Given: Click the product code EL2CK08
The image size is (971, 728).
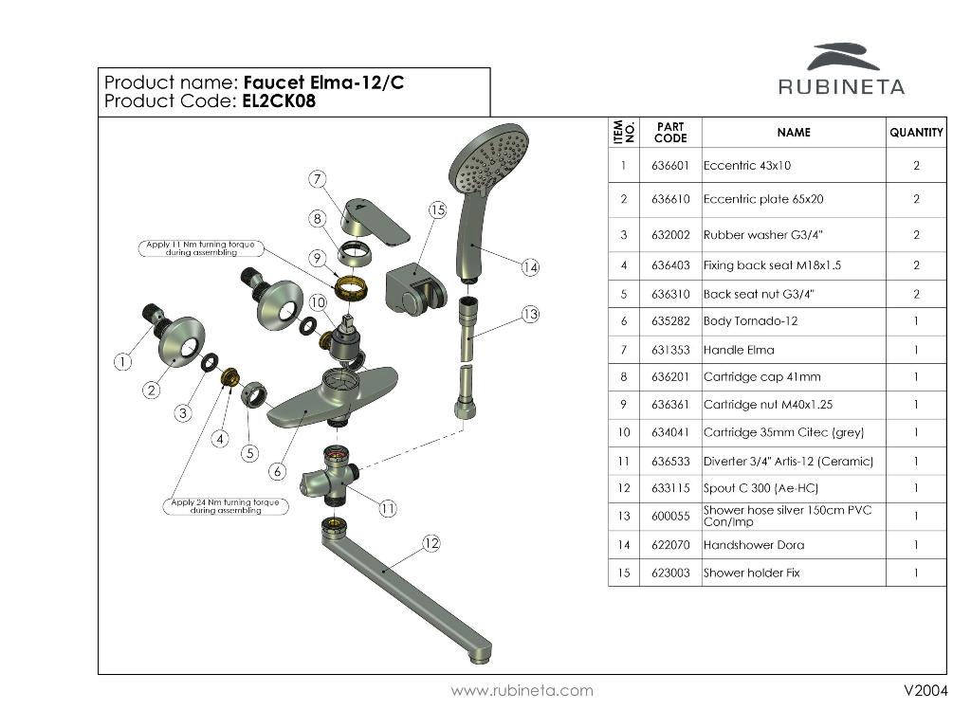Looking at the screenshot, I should point(279,101).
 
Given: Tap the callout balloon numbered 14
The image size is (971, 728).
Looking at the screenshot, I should point(530,267).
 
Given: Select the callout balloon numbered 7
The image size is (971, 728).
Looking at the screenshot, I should point(318,178).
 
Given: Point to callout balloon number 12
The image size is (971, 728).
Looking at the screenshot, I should point(431,543).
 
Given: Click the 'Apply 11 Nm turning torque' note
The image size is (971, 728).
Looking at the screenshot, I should point(200,248).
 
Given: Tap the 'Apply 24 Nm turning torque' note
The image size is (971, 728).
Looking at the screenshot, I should point(226,506).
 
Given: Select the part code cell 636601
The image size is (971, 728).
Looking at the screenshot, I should point(670,165).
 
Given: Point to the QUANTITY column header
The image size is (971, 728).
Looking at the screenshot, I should point(916,133).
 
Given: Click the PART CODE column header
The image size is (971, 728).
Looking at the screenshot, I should point(670,133).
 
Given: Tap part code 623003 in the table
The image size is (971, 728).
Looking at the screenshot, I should point(670,573).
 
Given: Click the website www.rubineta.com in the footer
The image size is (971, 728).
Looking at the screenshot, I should point(522,690).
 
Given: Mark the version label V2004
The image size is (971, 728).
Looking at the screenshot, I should point(925,690).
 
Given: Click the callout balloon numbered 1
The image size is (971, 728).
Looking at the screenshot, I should point(123,361).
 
